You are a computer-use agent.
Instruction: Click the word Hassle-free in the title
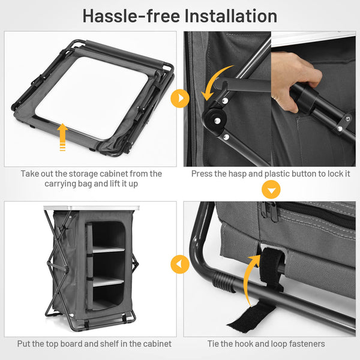(131, 16)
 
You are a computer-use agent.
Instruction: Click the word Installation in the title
(231, 16)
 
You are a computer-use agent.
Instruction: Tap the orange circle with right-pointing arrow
(180, 98)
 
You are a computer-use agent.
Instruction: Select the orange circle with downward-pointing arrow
(271, 190)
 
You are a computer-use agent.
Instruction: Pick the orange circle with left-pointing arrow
(180, 264)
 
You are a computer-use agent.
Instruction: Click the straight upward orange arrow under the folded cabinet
(62, 137)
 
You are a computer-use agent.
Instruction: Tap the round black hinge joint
(214, 119)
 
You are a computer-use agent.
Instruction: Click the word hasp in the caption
(238, 174)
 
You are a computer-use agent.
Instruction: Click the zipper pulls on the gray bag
(269, 212)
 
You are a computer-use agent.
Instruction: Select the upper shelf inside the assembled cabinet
(109, 250)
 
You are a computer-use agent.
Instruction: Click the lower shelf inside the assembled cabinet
(108, 281)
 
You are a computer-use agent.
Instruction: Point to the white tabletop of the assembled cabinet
(91, 208)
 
